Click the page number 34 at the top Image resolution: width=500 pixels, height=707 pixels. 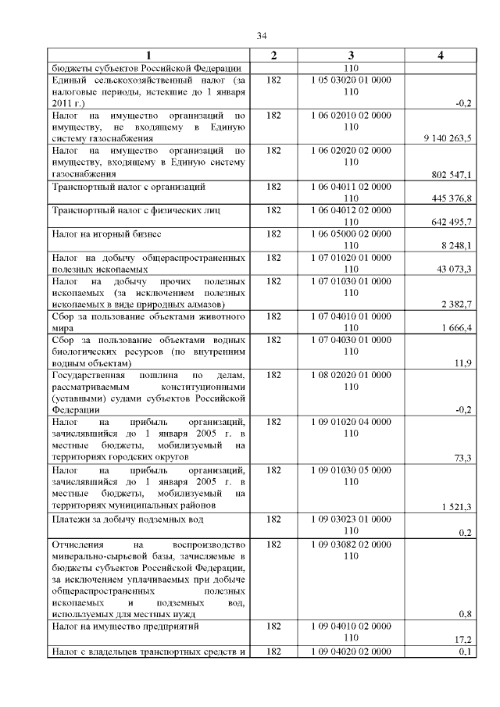[x=262, y=35]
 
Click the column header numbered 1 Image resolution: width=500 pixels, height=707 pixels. [x=148, y=55]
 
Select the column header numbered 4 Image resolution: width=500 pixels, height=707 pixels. [x=441, y=55]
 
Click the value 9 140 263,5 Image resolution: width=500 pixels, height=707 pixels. [x=447, y=137]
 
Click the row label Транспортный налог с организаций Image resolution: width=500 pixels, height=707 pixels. [x=128, y=187]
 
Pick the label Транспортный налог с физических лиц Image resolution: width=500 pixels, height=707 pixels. [x=135, y=211]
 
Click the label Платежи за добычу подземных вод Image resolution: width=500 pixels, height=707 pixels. [x=128, y=519]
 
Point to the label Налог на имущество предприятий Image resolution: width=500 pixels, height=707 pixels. [x=126, y=627]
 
